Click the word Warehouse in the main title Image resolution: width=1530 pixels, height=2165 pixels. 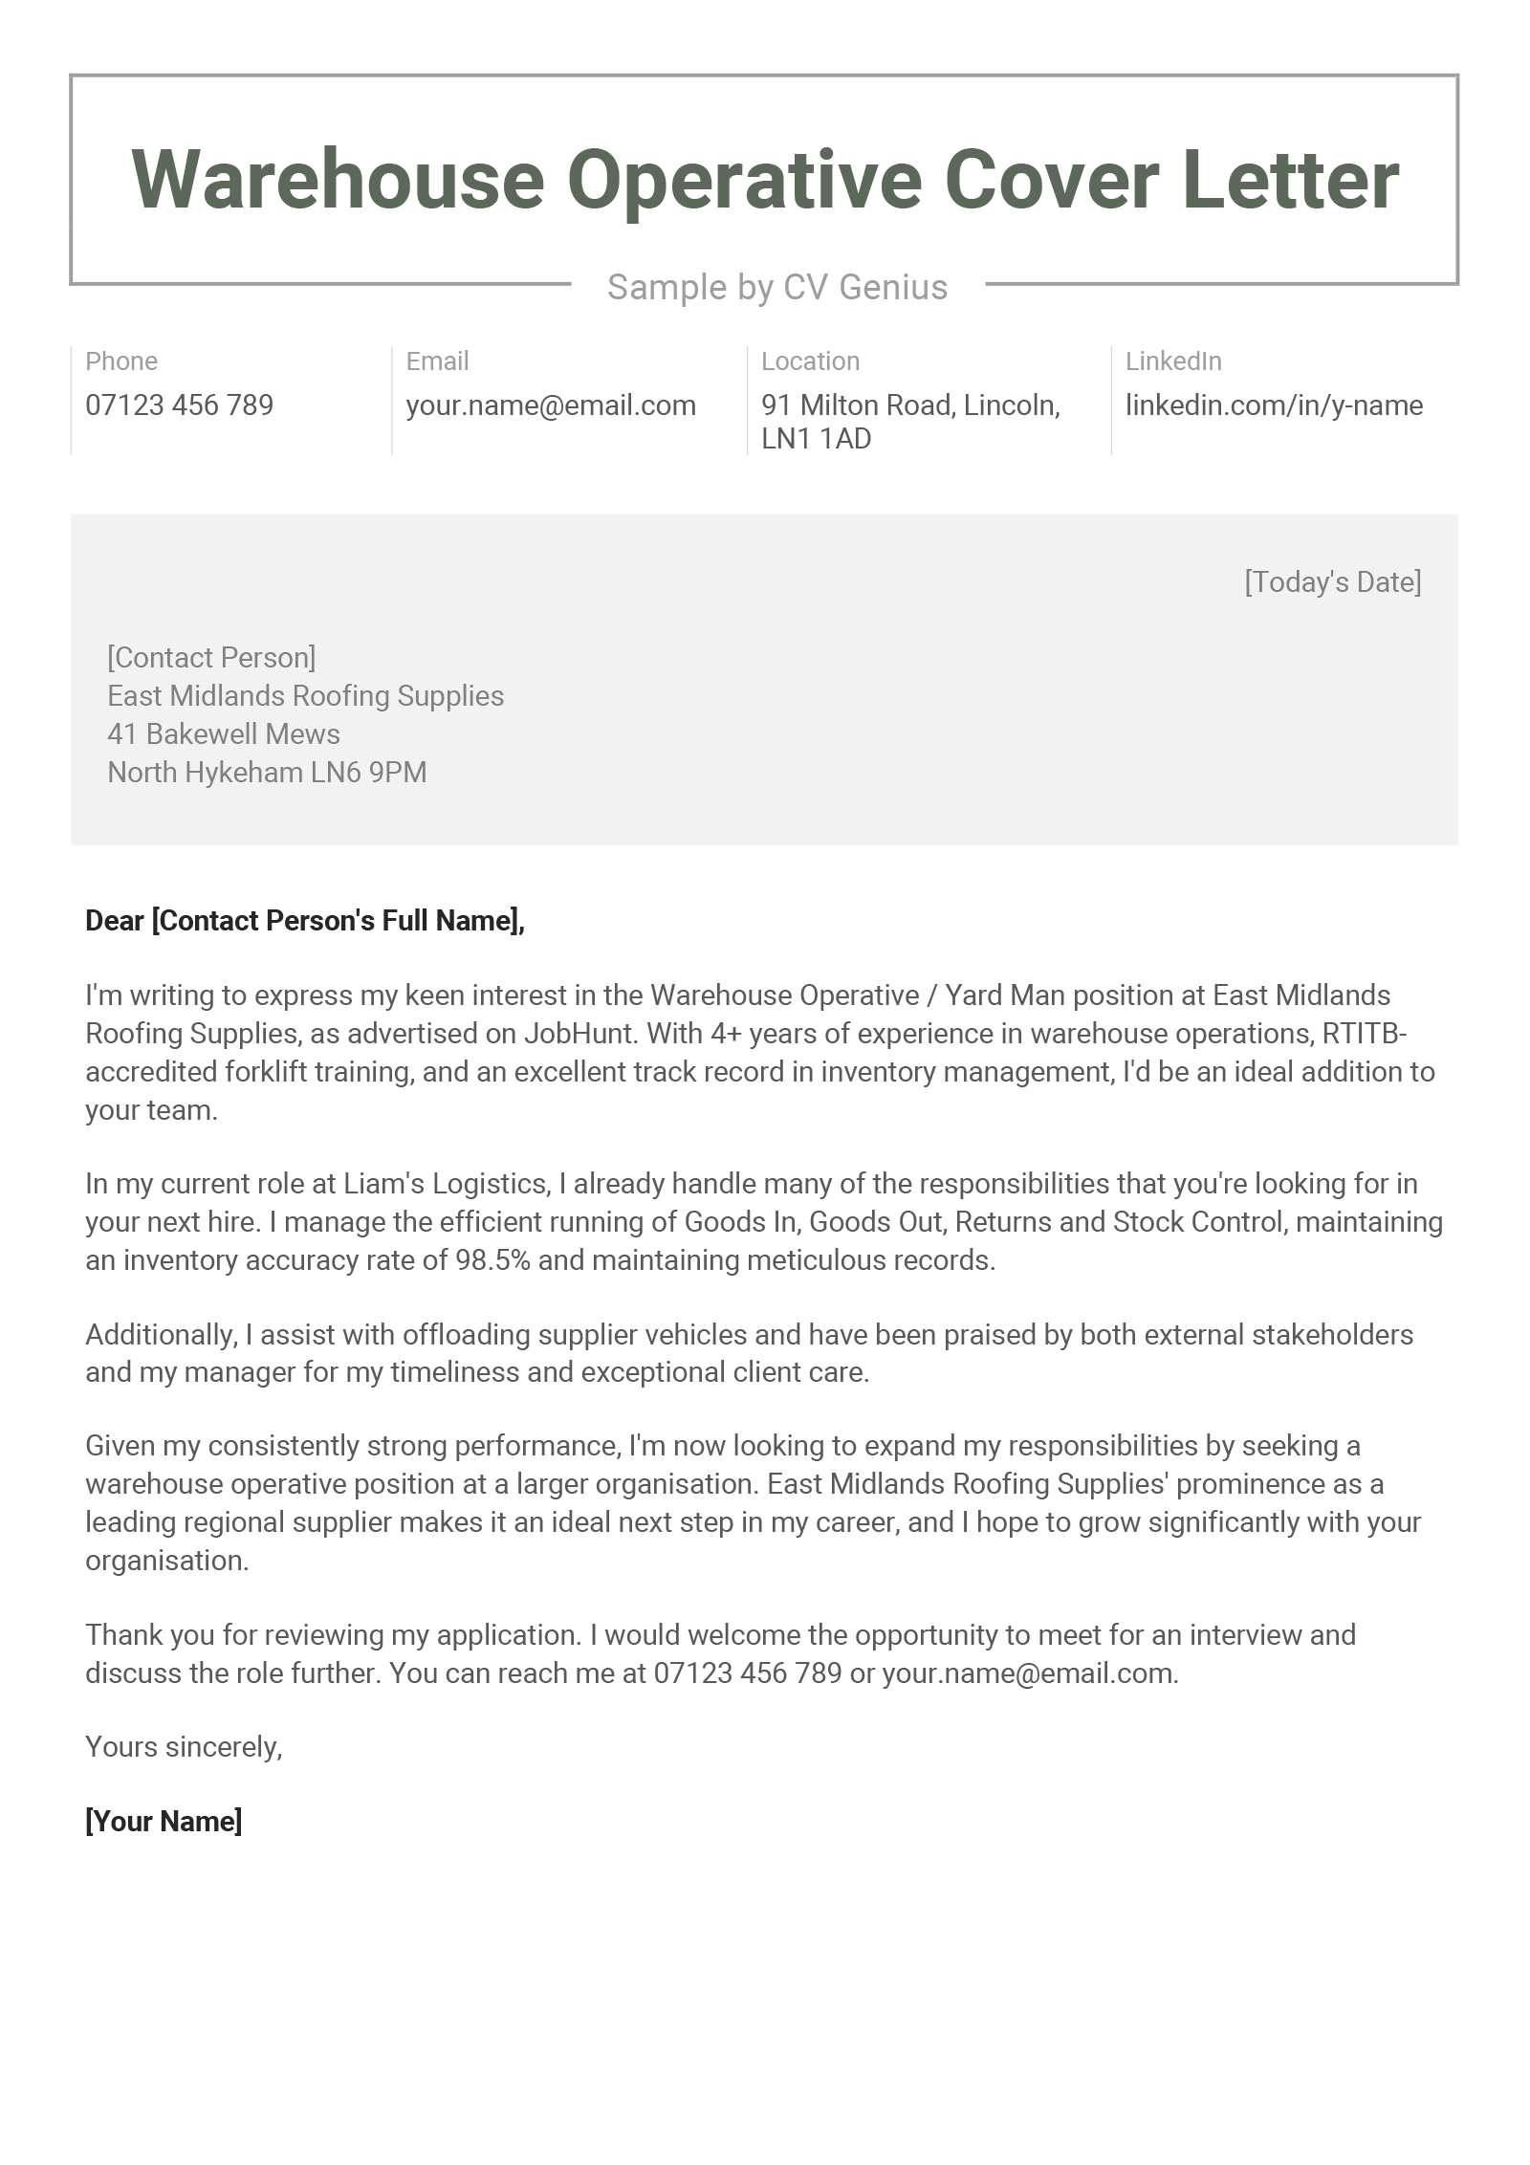[338, 180]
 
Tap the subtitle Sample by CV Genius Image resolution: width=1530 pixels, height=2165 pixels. [776, 287]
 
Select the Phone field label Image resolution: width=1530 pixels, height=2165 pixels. [121, 361]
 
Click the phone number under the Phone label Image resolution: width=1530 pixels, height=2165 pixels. [179, 405]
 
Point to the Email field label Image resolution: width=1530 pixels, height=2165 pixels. [437, 361]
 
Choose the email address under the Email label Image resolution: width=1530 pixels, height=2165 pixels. [550, 405]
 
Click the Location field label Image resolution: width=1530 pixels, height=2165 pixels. [810, 361]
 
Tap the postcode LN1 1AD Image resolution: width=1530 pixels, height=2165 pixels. [816, 439]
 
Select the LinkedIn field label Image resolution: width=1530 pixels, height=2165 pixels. [1173, 361]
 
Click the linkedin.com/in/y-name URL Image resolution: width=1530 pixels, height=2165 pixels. [1274, 405]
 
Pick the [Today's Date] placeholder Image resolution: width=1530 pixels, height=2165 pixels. [1332, 582]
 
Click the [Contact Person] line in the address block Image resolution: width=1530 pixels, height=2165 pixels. [211, 658]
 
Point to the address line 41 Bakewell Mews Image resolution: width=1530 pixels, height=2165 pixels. [224, 734]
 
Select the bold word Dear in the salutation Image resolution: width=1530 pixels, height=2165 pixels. [114, 921]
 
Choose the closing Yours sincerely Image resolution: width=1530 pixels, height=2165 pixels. [184, 1747]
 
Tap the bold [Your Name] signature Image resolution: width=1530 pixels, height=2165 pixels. [164, 1822]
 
